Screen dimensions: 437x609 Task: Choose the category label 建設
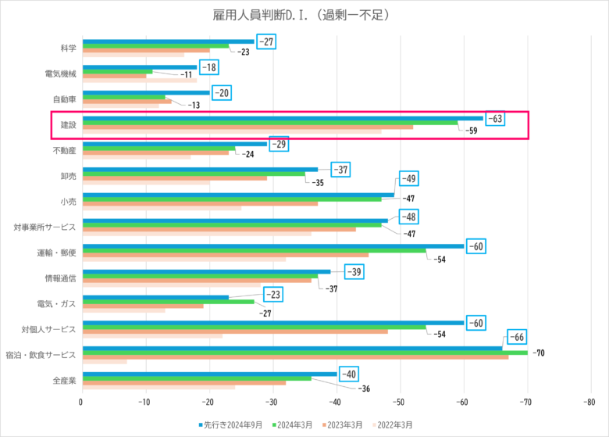[68, 124]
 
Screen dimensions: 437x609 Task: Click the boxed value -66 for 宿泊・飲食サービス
[518, 337]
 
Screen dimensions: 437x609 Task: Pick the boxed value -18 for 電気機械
[208, 68]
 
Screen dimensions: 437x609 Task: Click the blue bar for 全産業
[209, 374]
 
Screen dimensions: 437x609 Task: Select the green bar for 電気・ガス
[168, 302]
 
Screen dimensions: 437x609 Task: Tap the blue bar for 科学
[168, 41]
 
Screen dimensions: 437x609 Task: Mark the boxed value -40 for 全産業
[348, 374]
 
